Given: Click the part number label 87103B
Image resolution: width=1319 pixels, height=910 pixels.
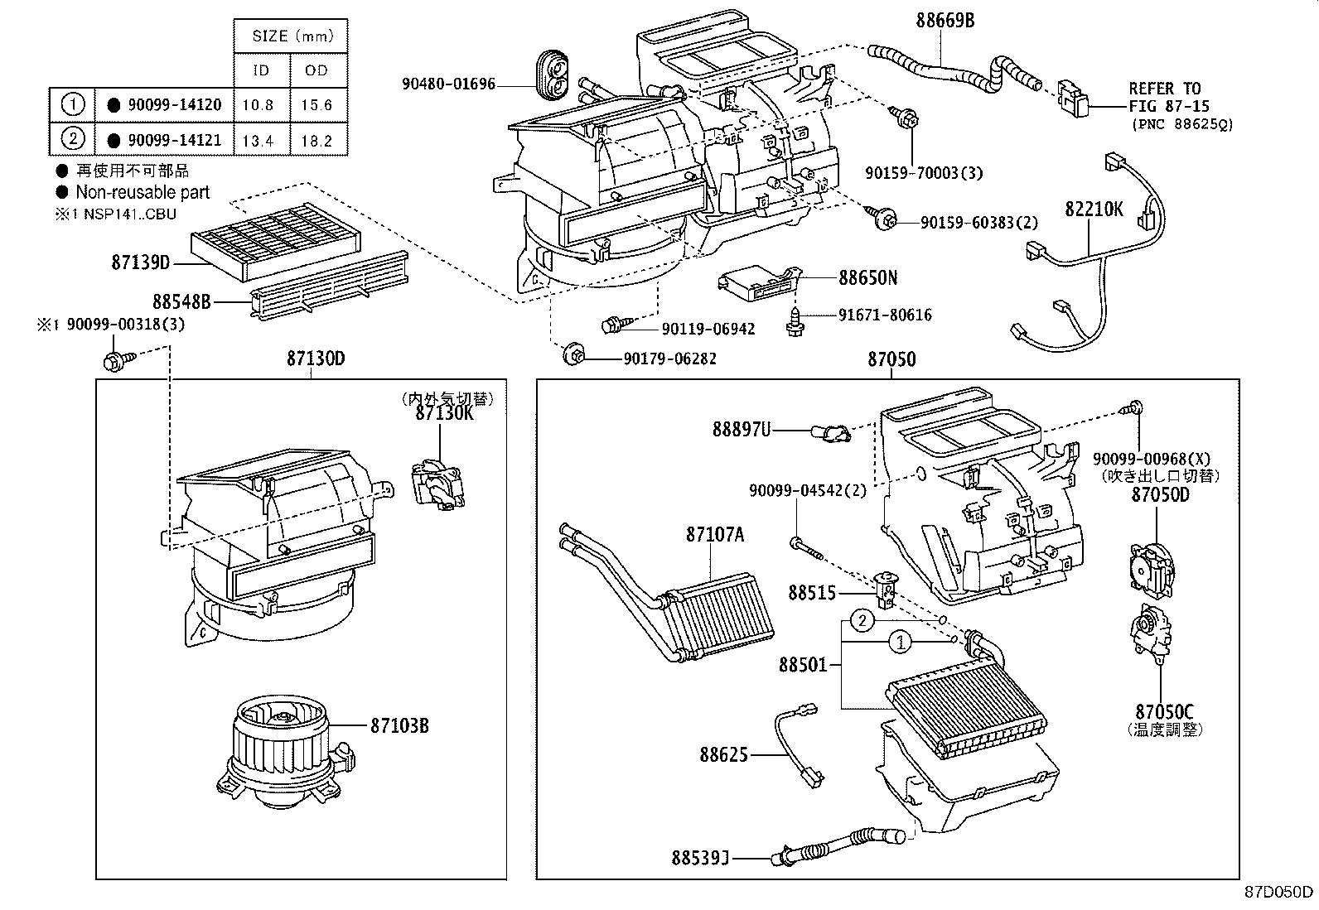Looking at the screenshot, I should click(x=399, y=726).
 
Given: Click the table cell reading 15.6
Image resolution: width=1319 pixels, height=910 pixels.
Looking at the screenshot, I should click(x=316, y=105).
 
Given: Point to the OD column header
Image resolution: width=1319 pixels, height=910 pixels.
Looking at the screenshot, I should click(x=316, y=70).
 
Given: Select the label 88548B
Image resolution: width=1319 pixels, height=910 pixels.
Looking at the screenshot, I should click(x=181, y=302).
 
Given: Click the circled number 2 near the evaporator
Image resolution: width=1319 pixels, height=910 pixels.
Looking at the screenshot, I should click(x=862, y=621).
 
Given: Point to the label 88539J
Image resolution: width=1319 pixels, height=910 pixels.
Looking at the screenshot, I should click(x=700, y=859).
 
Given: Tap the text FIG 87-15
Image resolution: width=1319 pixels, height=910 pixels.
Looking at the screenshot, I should click(x=1168, y=106).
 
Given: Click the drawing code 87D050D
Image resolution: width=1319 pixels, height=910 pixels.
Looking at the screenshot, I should click(x=1279, y=892).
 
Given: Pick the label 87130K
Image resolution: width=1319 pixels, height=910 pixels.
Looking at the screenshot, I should click(x=445, y=413).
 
